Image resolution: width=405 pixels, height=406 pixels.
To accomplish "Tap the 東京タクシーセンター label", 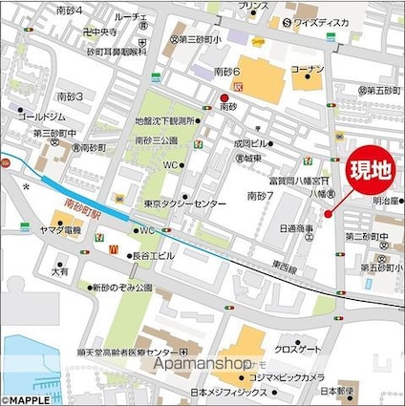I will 187,204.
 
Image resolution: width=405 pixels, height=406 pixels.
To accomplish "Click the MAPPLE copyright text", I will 25,399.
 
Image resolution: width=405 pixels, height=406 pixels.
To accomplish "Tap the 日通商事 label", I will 297,228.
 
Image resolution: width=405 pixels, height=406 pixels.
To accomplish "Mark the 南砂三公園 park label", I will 158,140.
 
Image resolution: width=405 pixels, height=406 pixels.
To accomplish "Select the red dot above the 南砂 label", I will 225,97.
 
